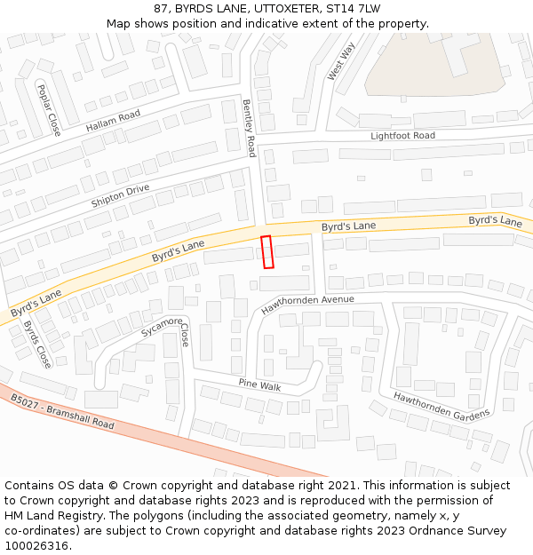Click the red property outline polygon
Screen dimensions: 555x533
pos(267,251)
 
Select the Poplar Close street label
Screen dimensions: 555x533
pos(48,110)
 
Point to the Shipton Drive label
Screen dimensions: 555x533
pos(120,196)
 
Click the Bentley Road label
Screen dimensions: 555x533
pos(250,129)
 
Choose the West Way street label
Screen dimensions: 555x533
pos(340,61)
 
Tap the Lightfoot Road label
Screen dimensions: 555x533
pos(402,136)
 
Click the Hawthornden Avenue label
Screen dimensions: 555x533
pos(307,305)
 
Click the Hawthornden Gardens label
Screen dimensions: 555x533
pos(442,407)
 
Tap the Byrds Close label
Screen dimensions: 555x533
pos(36,344)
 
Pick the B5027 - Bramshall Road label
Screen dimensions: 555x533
pos(63,413)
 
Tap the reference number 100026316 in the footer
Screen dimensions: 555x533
pos(38,545)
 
